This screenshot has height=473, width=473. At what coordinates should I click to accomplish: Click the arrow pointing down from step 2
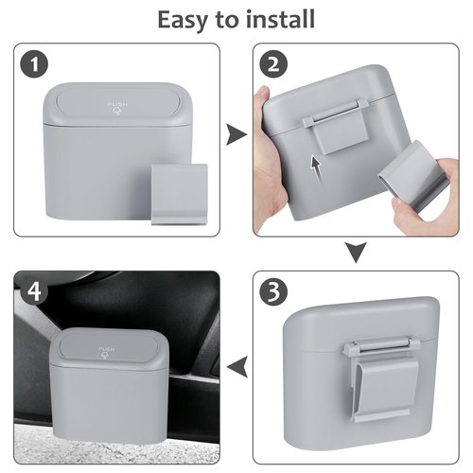click(x=355, y=253)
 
